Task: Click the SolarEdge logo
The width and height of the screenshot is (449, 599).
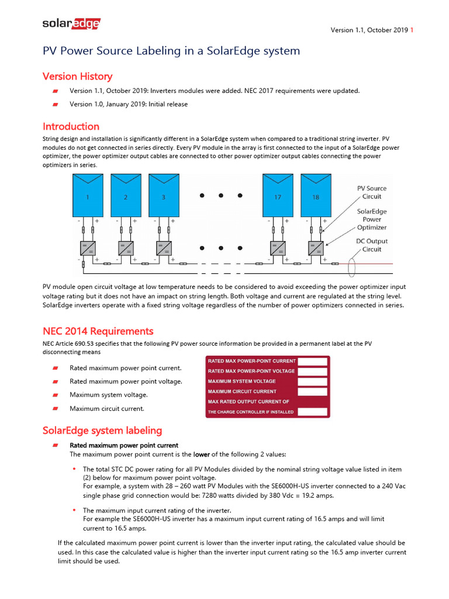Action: pos(71,23)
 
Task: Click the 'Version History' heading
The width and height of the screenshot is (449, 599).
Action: pos(77,77)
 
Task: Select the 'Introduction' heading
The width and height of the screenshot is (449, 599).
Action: pos(71,126)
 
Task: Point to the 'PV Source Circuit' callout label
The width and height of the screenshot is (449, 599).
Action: pos(372,192)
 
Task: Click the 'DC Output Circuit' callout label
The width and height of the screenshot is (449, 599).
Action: pos(372,245)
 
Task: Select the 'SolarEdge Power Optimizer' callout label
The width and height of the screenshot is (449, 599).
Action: pos(372,219)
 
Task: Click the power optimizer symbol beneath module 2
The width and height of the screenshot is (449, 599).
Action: pos(126,247)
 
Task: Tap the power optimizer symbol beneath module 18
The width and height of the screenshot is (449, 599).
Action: pos(316,247)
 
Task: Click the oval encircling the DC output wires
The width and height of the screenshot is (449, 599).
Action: pos(351,267)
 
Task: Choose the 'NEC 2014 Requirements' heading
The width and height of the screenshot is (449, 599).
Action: pos(98,331)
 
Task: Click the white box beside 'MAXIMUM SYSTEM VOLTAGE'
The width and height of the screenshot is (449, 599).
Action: pos(312,381)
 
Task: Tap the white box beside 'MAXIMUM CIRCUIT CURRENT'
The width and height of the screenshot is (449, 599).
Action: pos(312,391)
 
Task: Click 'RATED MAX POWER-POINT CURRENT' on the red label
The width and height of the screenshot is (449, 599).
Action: pos(252,361)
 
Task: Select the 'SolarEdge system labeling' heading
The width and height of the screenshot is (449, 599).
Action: pos(102,431)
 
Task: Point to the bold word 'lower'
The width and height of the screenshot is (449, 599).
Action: pos(202,455)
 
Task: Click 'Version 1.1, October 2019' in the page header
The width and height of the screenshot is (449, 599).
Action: pos(369,30)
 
